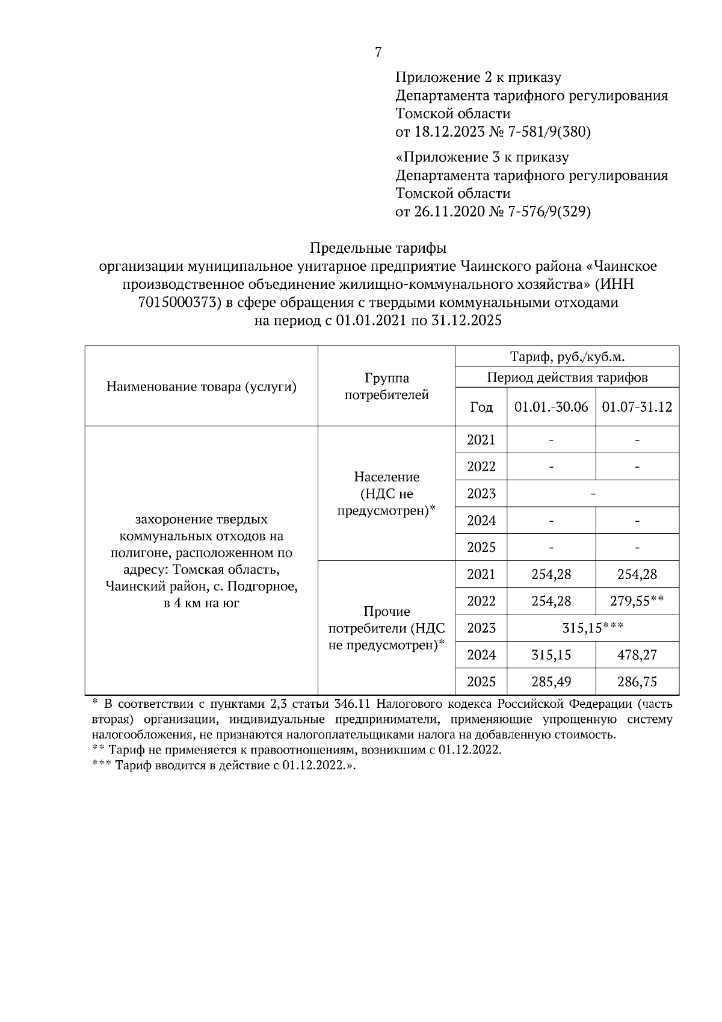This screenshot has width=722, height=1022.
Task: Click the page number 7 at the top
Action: pyautogui.click(x=378, y=52)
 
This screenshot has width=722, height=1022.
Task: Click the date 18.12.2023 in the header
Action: pyautogui.click(x=446, y=132)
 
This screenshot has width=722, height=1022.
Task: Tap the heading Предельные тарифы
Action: pyautogui.click(x=378, y=248)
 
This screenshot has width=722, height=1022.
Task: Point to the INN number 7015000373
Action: pyautogui.click(x=173, y=303)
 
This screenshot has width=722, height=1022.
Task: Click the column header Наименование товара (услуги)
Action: pyautogui.click(x=202, y=386)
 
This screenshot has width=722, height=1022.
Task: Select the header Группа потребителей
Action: pyautogui.click(x=386, y=386)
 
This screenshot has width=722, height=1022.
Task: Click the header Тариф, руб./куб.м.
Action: pyautogui.click(x=567, y=356)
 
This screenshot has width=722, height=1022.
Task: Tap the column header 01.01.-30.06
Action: pyautogui.click(x=551, y=407)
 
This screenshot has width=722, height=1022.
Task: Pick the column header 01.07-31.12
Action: pyautogui.click(x=637, y=407)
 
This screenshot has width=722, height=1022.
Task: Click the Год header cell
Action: pyautogui.click(x=481, y=407)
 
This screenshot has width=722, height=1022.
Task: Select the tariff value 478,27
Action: pyautogui.click(x=637, y=655)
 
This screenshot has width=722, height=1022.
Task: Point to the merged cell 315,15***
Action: pyautogui.click(x=593, y=628)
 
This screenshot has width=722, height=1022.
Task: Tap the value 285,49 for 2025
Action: pyautogui.click(x=551, y=682)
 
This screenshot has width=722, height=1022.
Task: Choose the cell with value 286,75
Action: pyautogui.click(x=637, y=682)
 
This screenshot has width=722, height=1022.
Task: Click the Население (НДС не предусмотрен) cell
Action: pyautogui.click(x=386, y=494)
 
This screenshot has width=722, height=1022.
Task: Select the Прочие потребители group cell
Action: pyautogui.click(x=386, y=628)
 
